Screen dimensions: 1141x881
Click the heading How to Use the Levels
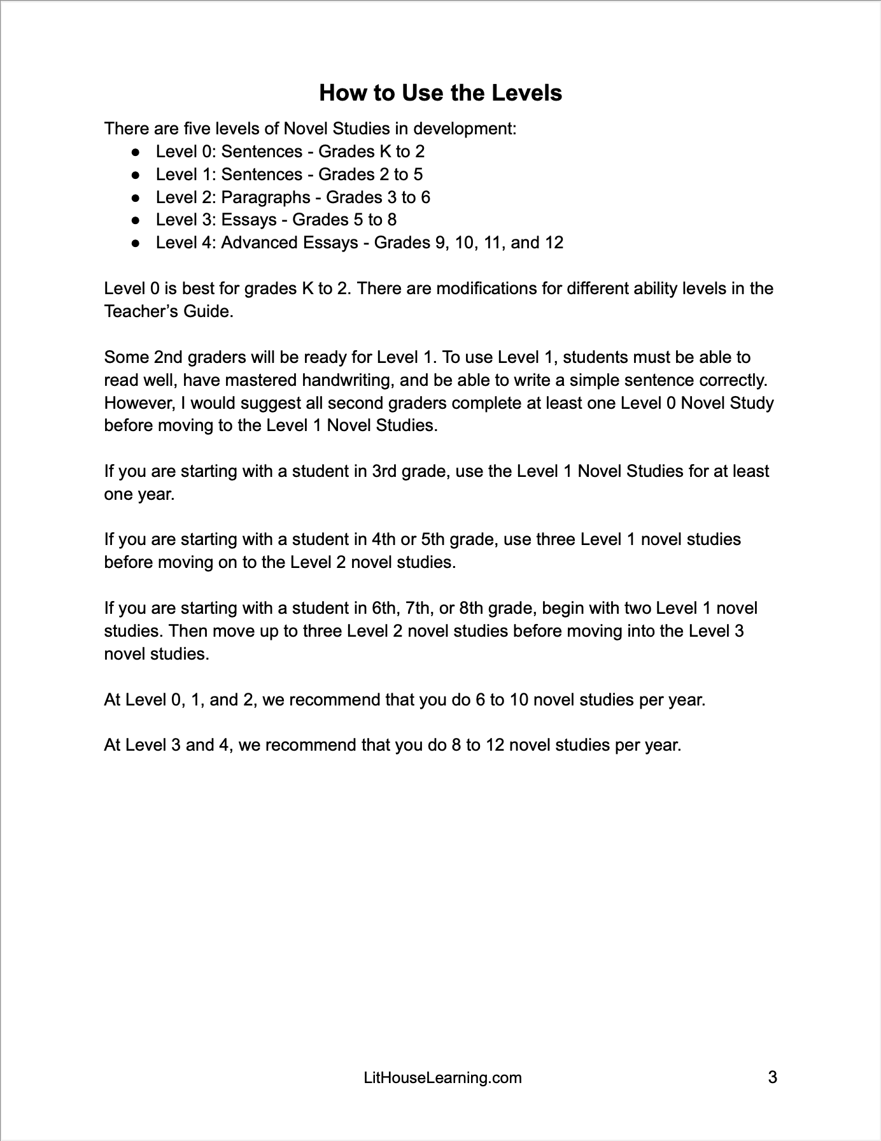[x=440, y=93]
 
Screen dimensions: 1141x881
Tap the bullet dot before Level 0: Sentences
[x=135, y=152]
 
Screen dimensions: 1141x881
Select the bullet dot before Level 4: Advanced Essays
[x=135, y=243]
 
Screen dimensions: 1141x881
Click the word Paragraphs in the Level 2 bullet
[x=265, y=197]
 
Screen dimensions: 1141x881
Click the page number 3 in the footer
[x=772, y=1077]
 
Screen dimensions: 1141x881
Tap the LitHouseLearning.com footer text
[x=442, y=1077]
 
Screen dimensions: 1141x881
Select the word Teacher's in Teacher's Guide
[x=135, y=312]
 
